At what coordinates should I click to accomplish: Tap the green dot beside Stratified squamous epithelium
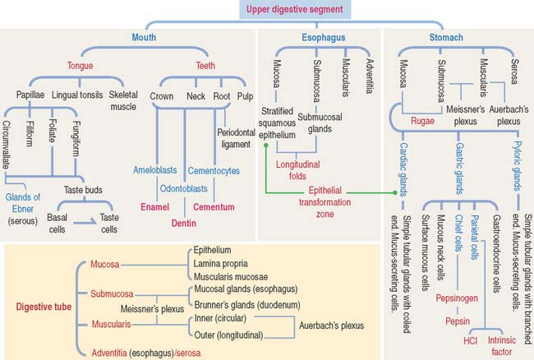pos(265,145)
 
